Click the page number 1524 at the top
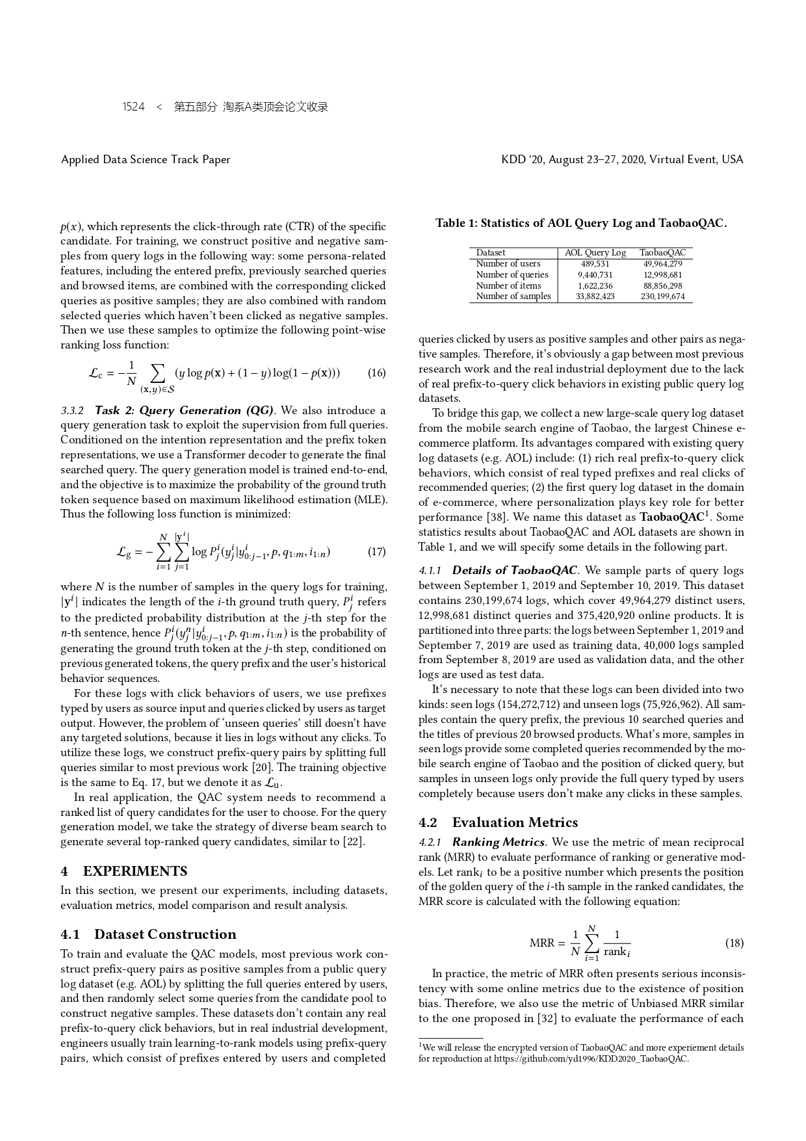133,107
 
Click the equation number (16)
376,373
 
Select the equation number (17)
376,552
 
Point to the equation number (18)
734,943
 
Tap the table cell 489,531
595,264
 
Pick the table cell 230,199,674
662,296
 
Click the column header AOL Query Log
595,253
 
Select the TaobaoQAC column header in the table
662,253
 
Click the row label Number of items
508,285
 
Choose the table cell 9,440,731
595,275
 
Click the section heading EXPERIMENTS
135,871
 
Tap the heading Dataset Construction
165,934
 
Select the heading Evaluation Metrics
515,822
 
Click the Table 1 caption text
581,224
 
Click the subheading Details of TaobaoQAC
514,570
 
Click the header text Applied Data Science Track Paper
146,159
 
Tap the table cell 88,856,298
662,285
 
